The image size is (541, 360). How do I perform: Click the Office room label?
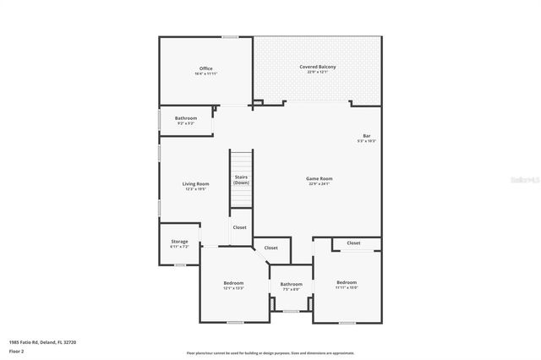tap(205, 68)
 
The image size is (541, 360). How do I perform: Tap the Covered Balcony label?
tap(318, 67)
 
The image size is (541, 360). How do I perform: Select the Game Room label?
tap(319, 178)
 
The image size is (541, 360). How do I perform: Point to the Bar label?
tap(367, 136)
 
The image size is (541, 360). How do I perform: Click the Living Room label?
tap(195, 183)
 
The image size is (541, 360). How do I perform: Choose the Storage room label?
tap(179, 241)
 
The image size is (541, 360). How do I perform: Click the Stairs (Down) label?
tap(242, 179)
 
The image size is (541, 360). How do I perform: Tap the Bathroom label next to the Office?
tap(186, 117)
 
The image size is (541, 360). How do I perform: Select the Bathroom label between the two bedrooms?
tap(292, 284)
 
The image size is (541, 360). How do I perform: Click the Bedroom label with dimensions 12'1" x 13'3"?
tap(233, 282)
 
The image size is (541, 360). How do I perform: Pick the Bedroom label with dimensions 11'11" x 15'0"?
tap(347, 282)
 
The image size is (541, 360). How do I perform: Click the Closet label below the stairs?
tap(240, 227)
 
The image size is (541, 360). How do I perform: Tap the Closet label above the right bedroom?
tap(353, 243)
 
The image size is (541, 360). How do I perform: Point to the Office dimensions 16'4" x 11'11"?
tap(205, 74)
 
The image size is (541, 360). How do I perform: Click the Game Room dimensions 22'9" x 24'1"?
tap(319, 184)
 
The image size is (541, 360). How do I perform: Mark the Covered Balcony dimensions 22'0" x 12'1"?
tap(318, 73)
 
